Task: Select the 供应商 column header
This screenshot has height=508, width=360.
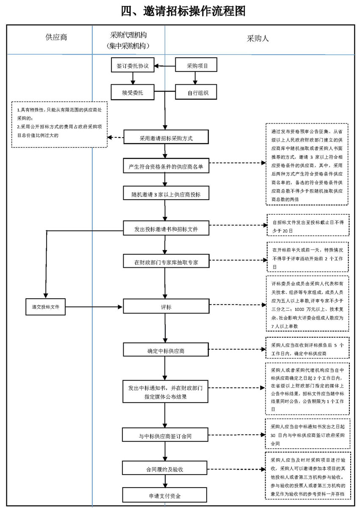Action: point(56,37)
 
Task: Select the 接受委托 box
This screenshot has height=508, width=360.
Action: point(133,92)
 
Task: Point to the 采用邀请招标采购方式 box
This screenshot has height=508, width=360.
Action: point(166,138)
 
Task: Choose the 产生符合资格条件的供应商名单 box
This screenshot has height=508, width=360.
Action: point(166,167)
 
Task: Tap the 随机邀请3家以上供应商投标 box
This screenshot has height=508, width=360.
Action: point(166,195)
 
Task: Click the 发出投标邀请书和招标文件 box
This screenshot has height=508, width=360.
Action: point(166,230)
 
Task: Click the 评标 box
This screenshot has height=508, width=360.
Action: point(166,306)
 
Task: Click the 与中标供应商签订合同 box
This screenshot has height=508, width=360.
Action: point(166,435)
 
